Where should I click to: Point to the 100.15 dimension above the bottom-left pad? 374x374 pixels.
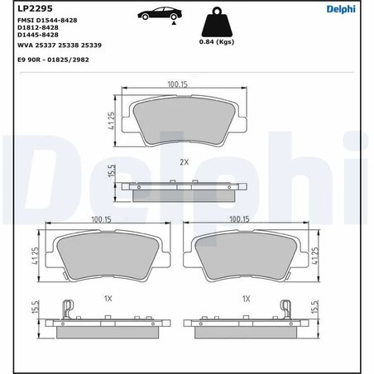pos(102,219)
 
